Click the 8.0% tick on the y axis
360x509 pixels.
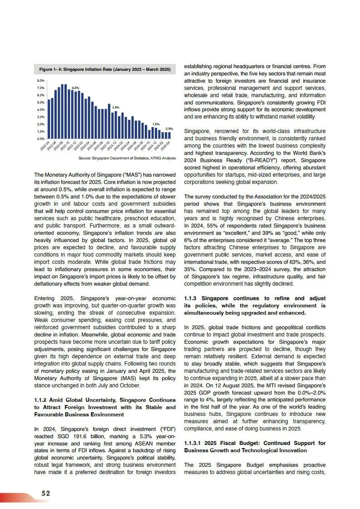pos(40,80)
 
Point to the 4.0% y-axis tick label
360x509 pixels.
pos(40,109)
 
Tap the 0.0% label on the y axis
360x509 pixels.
pos(40,138)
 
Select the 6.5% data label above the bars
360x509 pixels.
pos(76,88)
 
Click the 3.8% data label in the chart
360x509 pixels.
pos(115,107)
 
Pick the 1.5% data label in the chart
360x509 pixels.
pos(156,124)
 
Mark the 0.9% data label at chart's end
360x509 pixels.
pos(169,128)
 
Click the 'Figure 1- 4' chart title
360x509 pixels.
pos(105,69)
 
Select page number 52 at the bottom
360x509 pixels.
pos(46,493)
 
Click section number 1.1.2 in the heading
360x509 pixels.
pos(42,400)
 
